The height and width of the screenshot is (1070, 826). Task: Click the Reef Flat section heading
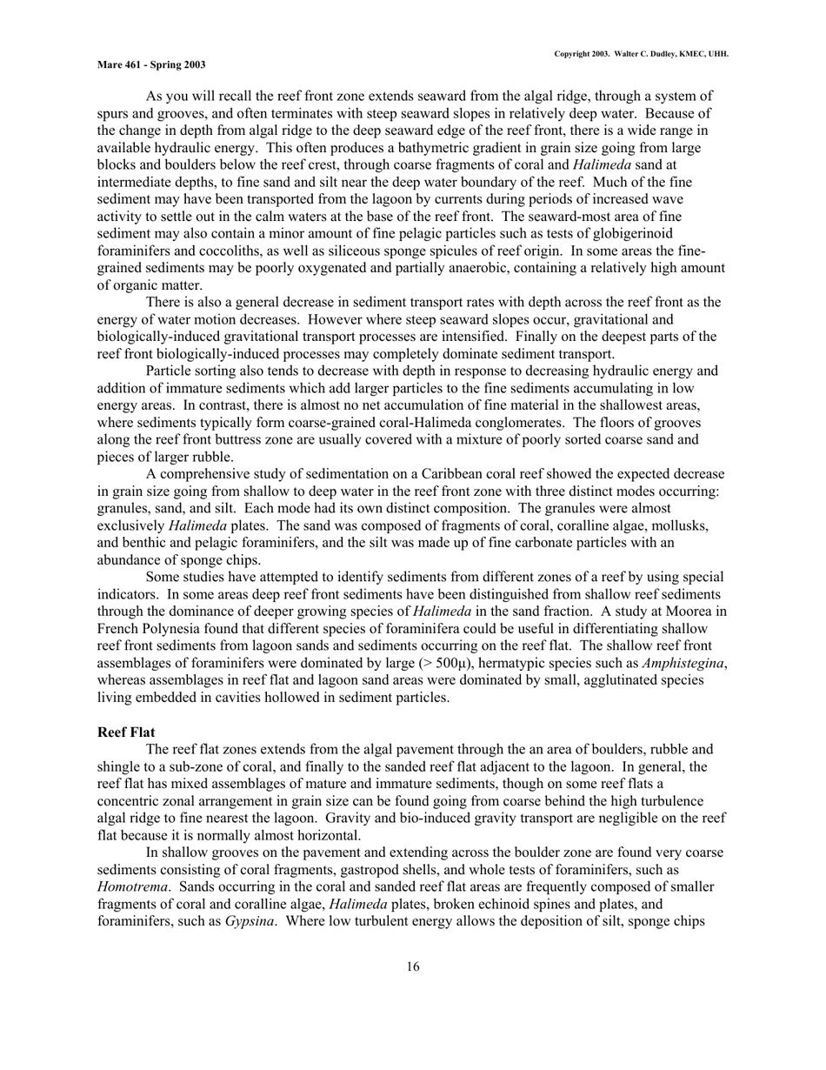126,732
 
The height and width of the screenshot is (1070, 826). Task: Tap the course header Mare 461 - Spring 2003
151,64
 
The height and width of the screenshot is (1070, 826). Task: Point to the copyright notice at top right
641,54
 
